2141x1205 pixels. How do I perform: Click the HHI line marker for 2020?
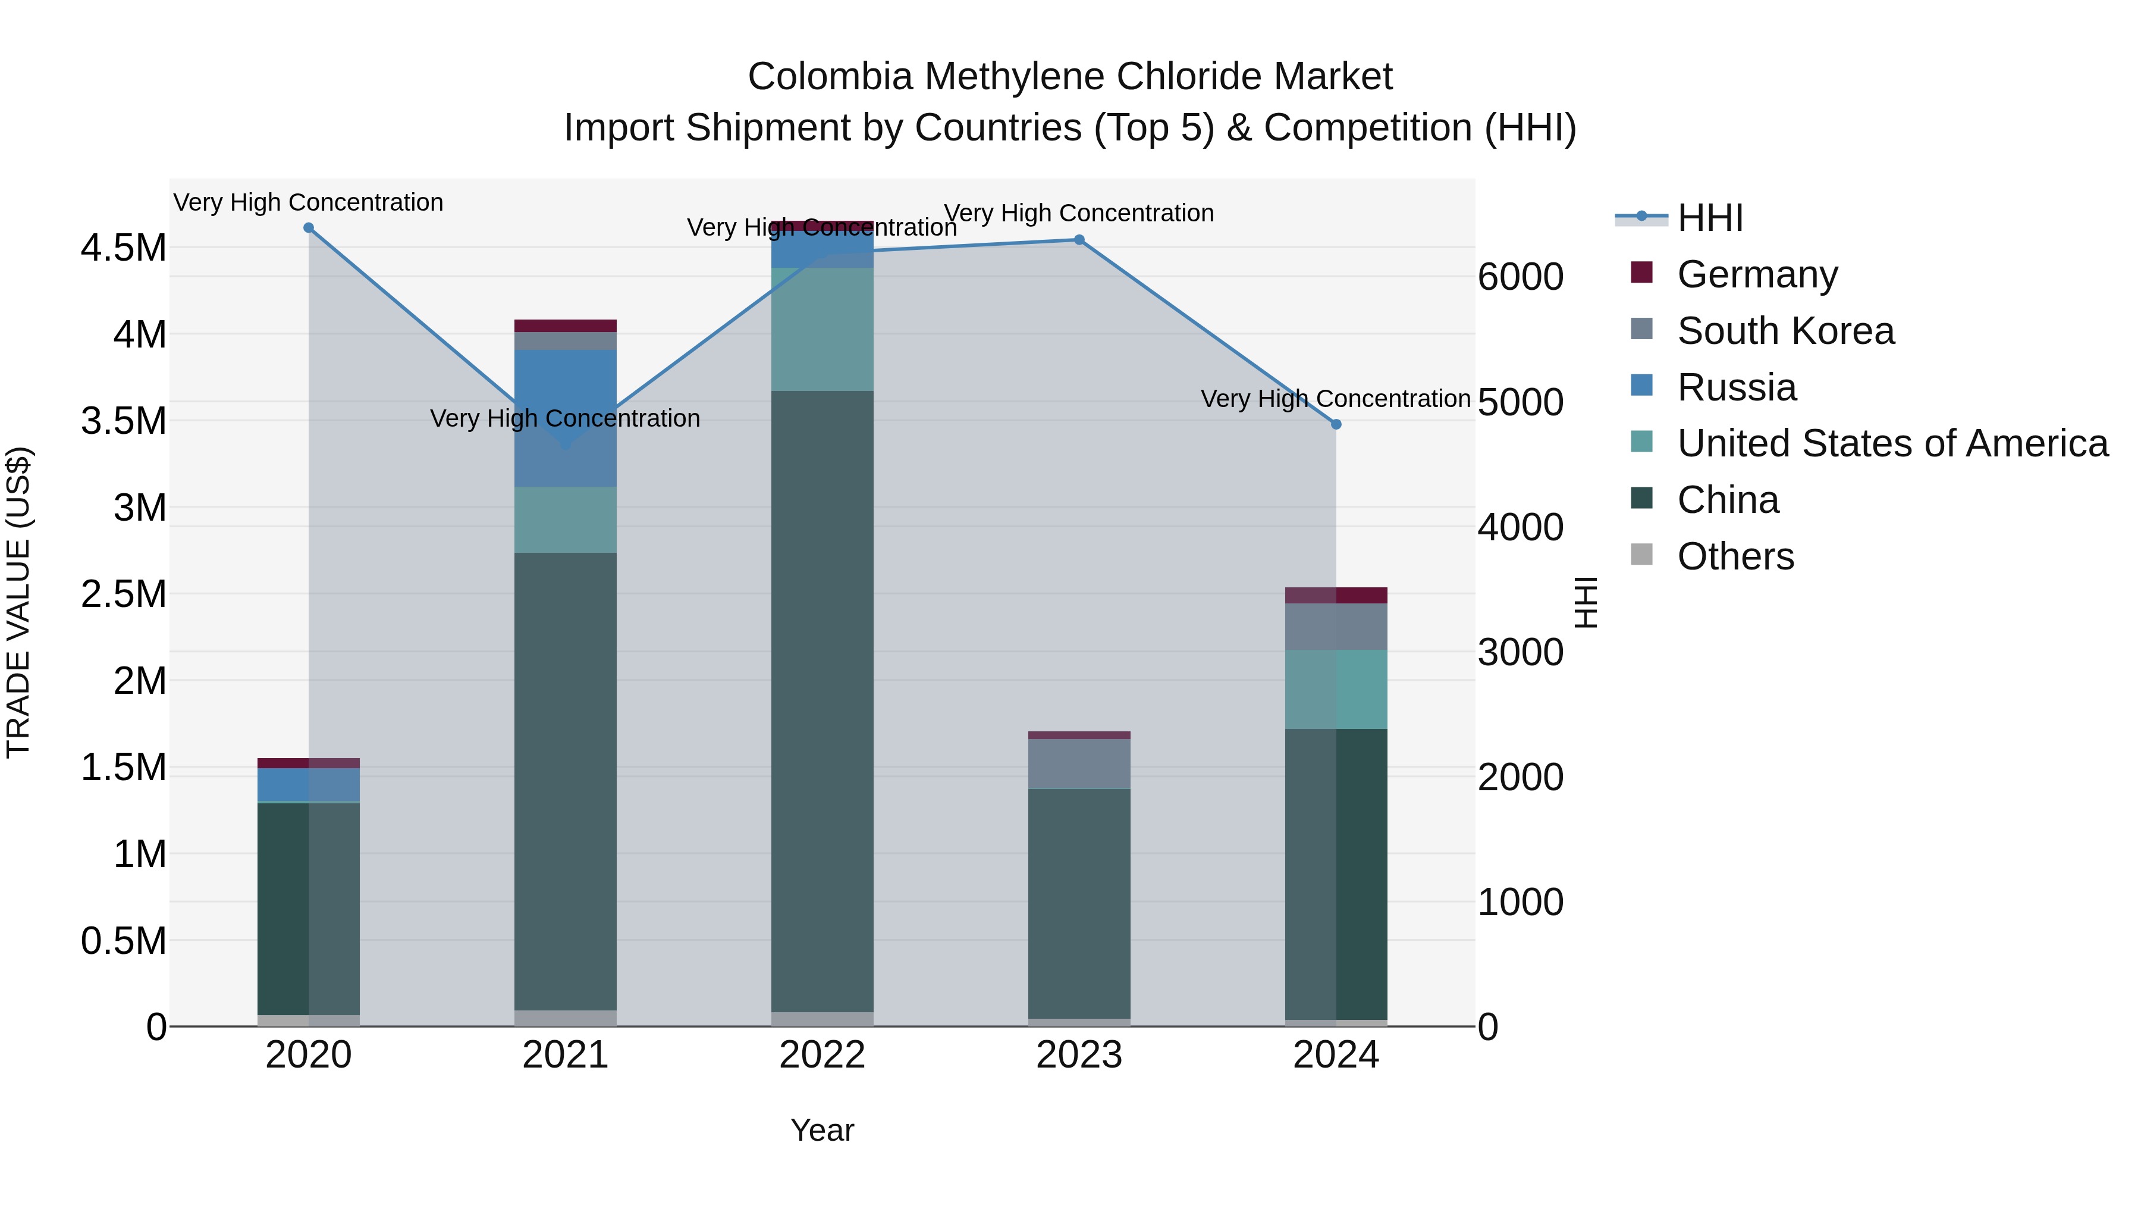[x=308, y=228]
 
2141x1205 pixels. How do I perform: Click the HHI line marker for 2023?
[x=1079, y=240]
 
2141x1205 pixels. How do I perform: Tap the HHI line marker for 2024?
[x=1336, y=425]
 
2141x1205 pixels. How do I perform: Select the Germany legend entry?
[x=1757, y=274]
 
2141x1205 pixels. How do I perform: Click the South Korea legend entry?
[x=1785, y=331]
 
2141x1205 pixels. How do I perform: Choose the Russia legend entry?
[x=1736, y=387]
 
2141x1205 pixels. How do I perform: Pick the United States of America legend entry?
[x=1892, y=443]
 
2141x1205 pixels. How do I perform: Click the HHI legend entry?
[x=1710, y=218]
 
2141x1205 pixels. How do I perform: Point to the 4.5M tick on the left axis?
[x=123, y=248]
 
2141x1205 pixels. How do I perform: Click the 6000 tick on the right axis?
[x=1520, y=277]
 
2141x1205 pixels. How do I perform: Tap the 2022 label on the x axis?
[x=822, y=1055]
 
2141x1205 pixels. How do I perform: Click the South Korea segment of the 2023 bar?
[x=1079, y=763]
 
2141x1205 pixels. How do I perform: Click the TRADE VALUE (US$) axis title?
[x=18, y=602]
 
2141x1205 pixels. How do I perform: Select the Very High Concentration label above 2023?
[x=1079, y=214]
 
